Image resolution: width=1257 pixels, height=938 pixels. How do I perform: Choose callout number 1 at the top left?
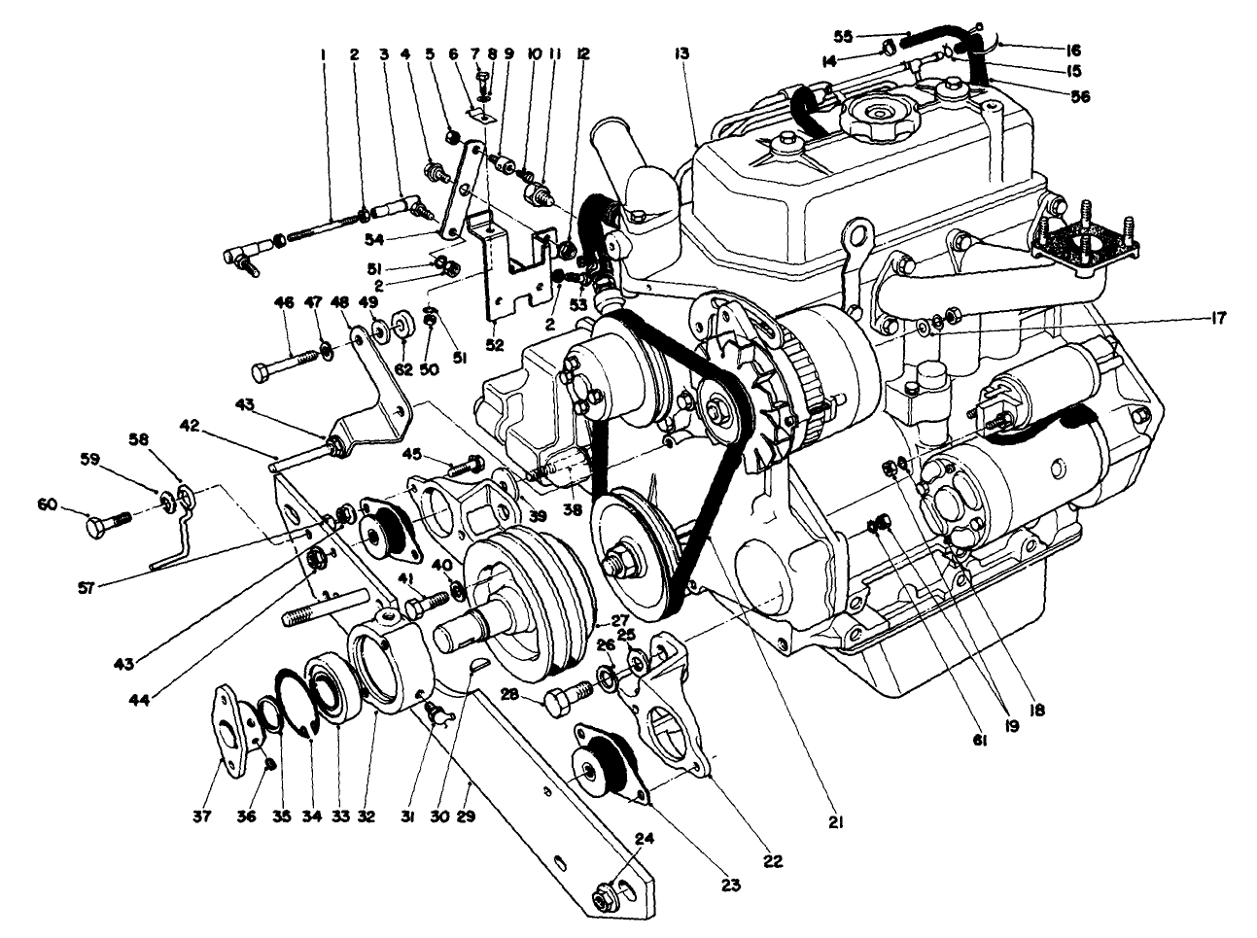click(322, 56)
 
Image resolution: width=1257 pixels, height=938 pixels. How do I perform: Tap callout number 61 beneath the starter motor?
click(979, 740)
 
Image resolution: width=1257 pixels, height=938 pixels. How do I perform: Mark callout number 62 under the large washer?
click(403, 368)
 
